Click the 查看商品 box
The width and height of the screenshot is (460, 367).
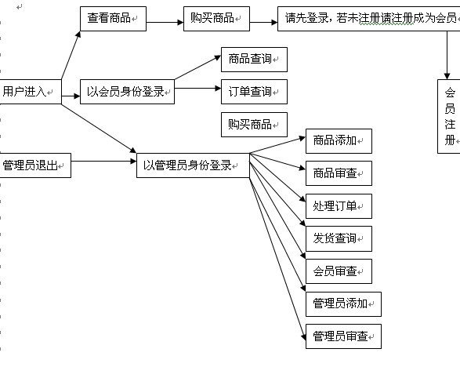pyautogui.click(x=114, y=19)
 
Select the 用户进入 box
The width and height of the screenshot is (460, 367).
pyautogui.click(x=31, y=92)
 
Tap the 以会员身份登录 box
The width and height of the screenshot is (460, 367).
pyautogui.click(x=127, y=92)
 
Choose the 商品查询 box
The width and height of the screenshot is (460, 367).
pyautogui.click(x=254, y=60)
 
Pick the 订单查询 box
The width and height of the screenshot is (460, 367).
pyautogui.click(x=254, y=92)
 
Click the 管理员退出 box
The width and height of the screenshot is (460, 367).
pyautogui.click(x=35, y=165)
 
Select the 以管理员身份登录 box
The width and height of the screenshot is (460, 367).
pyautogui.click(x=193, y=165)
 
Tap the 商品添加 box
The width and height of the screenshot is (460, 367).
pyautogui.click(x=339, y=141)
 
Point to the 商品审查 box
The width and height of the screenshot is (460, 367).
pyautogui.click(x=339, y=173)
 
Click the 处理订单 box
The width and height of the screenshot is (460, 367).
pyautogui.click(x=339, y=206)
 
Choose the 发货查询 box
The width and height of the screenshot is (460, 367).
pyautogui.click(x=339, y=238)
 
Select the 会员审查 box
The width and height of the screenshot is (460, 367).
pyautogui.click(x=339, y=271)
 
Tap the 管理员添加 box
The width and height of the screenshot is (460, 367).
pyautogui.click(x=343, y=304)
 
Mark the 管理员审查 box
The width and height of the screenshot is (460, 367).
pyautogui.click(x=343, y=336)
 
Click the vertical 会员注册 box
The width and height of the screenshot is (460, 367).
pyautogui.click(x=449, y=116)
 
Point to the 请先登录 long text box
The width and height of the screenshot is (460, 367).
pyautogui.click(x=369, y=19)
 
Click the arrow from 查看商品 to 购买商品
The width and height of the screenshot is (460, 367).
pyautogui.click(x=165, y=22)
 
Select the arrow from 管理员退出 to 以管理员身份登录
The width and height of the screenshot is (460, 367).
pyautogui.click(x=104, y=161)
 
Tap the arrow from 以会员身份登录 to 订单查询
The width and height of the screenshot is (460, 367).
pyautogui.click(x=197, y=88)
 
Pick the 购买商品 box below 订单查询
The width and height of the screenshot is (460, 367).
pyautogui.click(x=254, y=125)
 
